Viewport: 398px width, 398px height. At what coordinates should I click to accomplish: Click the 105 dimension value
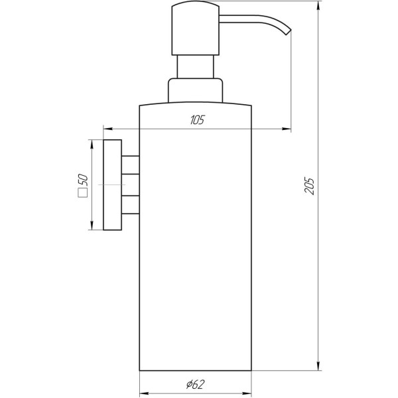196,120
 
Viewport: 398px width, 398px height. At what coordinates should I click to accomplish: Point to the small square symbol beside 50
83,194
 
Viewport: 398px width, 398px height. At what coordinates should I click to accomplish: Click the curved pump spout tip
288,29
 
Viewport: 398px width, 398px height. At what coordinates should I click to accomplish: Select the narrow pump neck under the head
195,67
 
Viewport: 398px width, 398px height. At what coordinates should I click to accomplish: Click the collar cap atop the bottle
195,91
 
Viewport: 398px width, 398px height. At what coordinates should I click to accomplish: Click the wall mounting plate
113,185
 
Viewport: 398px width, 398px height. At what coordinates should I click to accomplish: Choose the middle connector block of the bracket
131,185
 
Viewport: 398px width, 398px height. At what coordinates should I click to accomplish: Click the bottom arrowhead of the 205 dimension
319,365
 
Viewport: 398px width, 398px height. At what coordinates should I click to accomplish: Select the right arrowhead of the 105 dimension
287,129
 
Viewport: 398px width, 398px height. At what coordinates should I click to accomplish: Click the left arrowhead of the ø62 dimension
143,391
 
